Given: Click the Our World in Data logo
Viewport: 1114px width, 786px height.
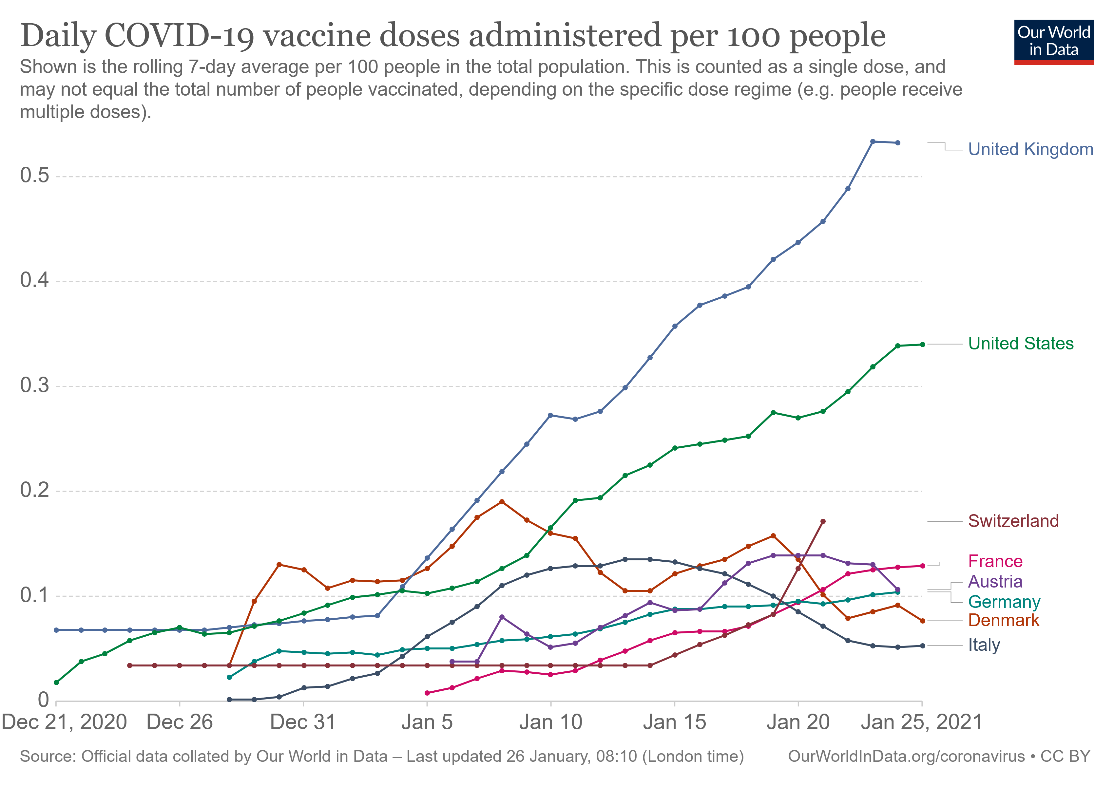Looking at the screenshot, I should [x=1053, y=42].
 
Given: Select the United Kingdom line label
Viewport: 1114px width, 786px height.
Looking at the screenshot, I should [x=1030, y=149].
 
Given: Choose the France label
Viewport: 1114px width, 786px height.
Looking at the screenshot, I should [x=995, y=561].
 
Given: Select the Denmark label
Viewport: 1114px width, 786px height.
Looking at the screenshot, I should [x=1003, y=621].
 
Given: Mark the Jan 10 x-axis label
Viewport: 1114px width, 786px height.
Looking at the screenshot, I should [x=551, y=722].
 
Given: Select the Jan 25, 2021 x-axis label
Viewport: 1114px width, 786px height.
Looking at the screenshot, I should [x=921, y=722].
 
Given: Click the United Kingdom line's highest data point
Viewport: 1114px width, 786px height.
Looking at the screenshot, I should [x=873, y=141].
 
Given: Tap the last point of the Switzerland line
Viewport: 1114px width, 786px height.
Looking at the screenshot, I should [x=823, y=522].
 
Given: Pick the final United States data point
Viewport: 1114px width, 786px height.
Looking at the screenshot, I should [x=922, y=345].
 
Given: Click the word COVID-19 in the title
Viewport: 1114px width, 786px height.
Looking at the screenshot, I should [x=179, y=36].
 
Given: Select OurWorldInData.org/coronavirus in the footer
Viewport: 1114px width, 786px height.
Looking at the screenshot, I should [x=906, y=757].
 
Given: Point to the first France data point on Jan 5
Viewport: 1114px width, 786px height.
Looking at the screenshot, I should [x=427, y=693].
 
